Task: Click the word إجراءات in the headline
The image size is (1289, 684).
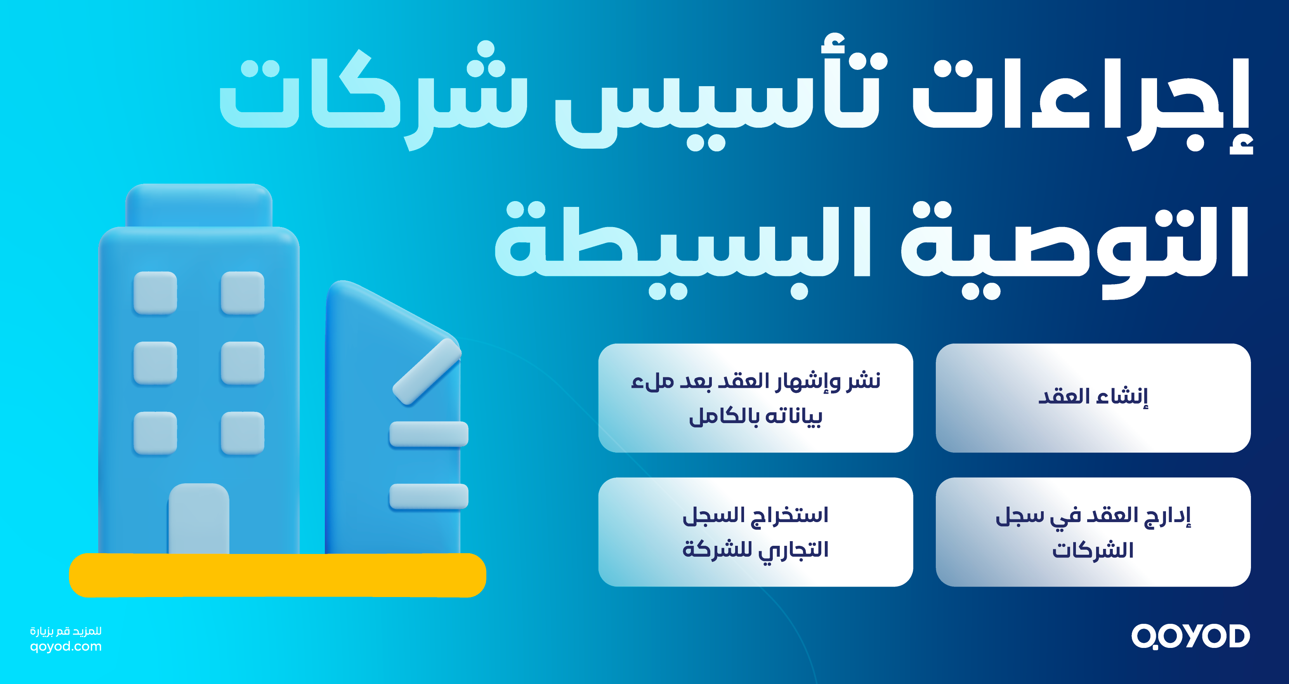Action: pyautogui.click(x=1081, y=100)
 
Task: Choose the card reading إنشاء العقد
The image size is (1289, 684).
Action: pyautogui.click(x=1093, y=398)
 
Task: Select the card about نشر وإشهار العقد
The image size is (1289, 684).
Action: pyautogui.click(x=756, y=398)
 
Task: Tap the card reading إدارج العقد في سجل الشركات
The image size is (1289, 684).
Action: pyautogui.click(x=1093, y=532)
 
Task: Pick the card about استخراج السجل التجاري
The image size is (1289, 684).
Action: pyautogui.click(x=756, y=532)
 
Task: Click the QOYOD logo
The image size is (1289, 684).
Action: pyautogui.click(x=1190, y=637)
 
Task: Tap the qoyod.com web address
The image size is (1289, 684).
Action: pyautogui.click(x=66, y=646)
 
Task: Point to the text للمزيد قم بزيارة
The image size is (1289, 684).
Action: pyautogui.click(x=66, y=631)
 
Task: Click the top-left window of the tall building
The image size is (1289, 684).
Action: pyautogui.click(x=155, y=293)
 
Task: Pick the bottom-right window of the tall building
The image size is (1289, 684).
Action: pyautogui.click(x=243, y=433)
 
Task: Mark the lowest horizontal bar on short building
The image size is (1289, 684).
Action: pyautogui.click(x=429, y=497)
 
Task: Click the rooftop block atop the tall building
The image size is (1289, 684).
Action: pyautogui.click(x=199, y=205)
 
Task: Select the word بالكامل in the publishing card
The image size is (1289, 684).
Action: pyautogui.click(x=723, y=416)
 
